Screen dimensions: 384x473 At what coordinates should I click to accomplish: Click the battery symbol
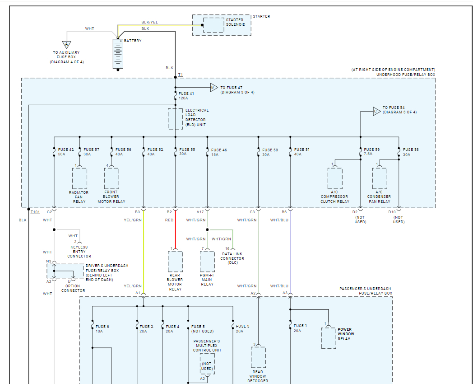pyautogui.click(x=118, y=54)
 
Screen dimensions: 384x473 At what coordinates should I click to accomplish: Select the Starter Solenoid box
pyautogui.click(x=213, y=25)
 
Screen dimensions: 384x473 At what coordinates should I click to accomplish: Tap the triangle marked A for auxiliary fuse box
pyautogui.click(x=67, y=45)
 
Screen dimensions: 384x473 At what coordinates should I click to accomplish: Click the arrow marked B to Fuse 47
pyautogui.click(x=213, y=88)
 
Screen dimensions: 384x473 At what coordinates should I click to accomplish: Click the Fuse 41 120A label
pyautogui.click(x=186, y=96)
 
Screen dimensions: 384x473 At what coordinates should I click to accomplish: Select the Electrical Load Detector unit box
pyautogui.click(x=176, y=119)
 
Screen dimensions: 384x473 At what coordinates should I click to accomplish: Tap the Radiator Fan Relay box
pyautogui.click(x=79, y=178)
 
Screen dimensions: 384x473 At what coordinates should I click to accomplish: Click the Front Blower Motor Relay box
pyautogui.click(x=111, y=178)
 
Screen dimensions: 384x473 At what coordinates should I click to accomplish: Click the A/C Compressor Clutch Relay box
pyautogui.click(x=335, y=178)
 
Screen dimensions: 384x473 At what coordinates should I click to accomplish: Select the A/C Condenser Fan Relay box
pyautogui.click(x=380, y=178)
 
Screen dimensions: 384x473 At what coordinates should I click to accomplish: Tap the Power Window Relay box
pyautogui.click(x=329, y=338)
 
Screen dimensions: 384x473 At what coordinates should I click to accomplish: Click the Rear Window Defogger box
pyautogui.click(x=258, y=357)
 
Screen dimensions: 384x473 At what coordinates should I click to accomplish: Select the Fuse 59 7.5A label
pyautogui.click(x=371, y=152)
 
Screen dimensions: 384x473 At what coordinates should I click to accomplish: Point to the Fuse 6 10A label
pyautogui.click(x=102, y=328)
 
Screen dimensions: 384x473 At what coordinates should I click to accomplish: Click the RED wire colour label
pyautogui.click(x=169, y=220)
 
